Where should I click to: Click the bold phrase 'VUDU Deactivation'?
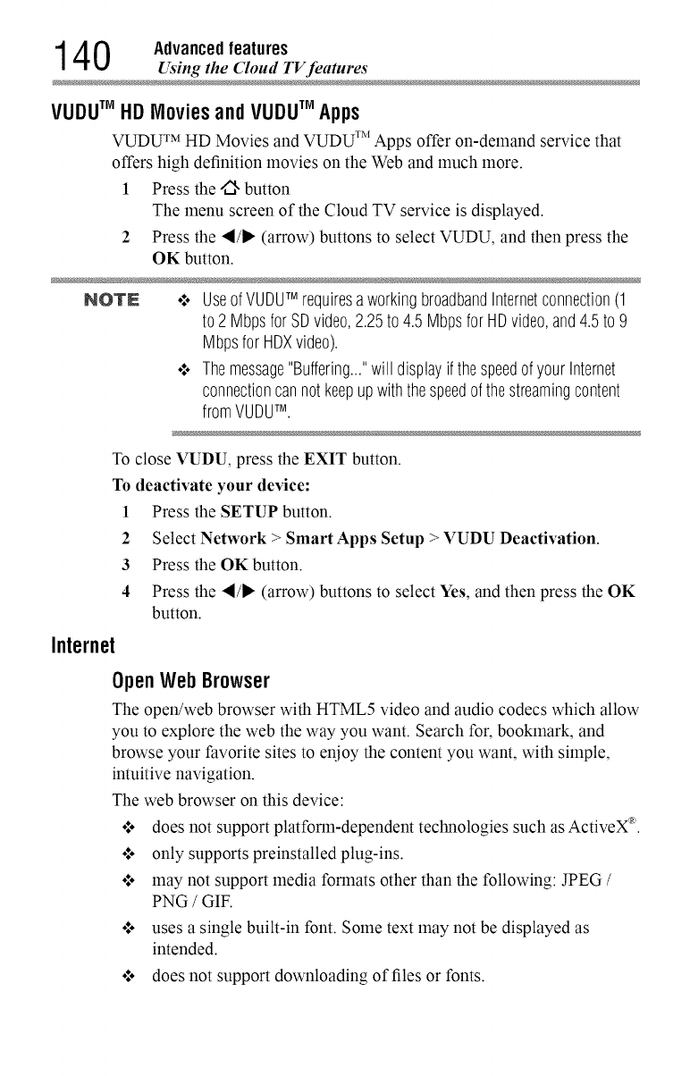tap(509, 539)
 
